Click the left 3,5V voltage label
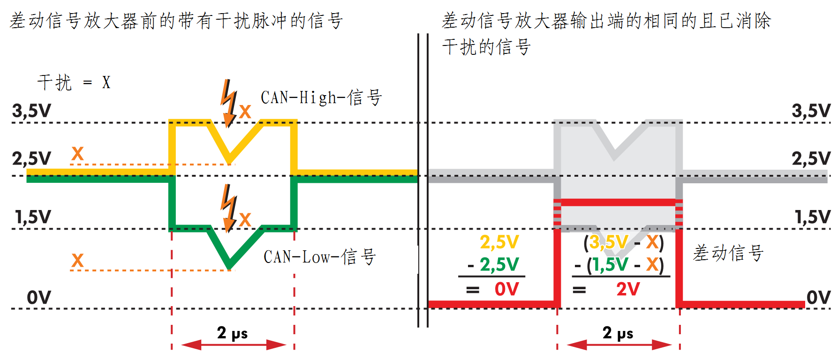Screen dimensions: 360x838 (31, 111)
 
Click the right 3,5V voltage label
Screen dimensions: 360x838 (811, 111)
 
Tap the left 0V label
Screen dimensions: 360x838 (38, 297)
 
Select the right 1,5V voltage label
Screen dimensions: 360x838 (813, 217)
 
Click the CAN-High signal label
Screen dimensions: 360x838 (321, 97)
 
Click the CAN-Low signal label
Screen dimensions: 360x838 (319, 257)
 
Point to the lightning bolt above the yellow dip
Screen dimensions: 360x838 (229, 103)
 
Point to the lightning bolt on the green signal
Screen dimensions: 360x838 (229, 208)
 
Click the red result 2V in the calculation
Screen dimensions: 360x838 (627, 289)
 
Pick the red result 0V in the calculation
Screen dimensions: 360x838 (506, 289)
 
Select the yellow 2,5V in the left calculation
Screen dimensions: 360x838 (499, 242)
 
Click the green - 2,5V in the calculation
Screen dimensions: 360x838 (493, 265)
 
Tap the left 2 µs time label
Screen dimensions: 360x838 (232, 333)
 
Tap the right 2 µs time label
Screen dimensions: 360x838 (618, 333)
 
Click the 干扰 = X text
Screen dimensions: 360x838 (74, 82)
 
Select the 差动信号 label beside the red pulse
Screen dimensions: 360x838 (728, 253)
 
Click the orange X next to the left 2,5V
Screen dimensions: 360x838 (77, 153)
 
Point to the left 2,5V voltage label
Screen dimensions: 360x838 (31, 158)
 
